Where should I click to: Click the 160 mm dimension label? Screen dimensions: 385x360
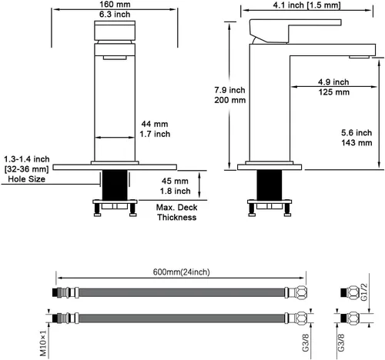click(x=115, y=4)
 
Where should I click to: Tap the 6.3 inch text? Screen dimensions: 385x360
click(x=115, y=15)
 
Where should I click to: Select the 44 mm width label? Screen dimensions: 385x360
click(x=155, y=124)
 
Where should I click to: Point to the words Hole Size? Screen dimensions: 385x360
click(x=26, y=178)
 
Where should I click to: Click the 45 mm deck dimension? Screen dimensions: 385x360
click(x=175, y=181)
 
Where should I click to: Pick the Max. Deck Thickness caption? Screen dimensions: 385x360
click(x=177, y=212)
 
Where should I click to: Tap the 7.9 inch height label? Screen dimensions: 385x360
click(x=229, y=90)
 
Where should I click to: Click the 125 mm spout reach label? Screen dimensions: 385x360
click(x=334, y=92)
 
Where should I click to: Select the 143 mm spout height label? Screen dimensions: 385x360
click(x=357, y=142)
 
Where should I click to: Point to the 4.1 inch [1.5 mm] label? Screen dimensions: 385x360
click(x=306, y=5)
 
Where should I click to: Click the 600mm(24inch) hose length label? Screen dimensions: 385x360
click(x=181, y=272)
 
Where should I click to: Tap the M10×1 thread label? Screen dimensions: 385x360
click(x=43, y=343)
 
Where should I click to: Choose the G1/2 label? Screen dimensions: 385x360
click(x=364, y=292)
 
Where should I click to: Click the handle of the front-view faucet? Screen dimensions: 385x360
click(x=115, y=31)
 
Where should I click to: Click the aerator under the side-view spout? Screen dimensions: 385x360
click(x=359, y=57)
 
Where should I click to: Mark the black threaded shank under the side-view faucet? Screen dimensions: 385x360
click(x=269, y=185)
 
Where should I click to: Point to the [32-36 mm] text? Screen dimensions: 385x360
click(x=26, y=169)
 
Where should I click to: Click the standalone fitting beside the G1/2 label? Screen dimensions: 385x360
click(x=350, y=292)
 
